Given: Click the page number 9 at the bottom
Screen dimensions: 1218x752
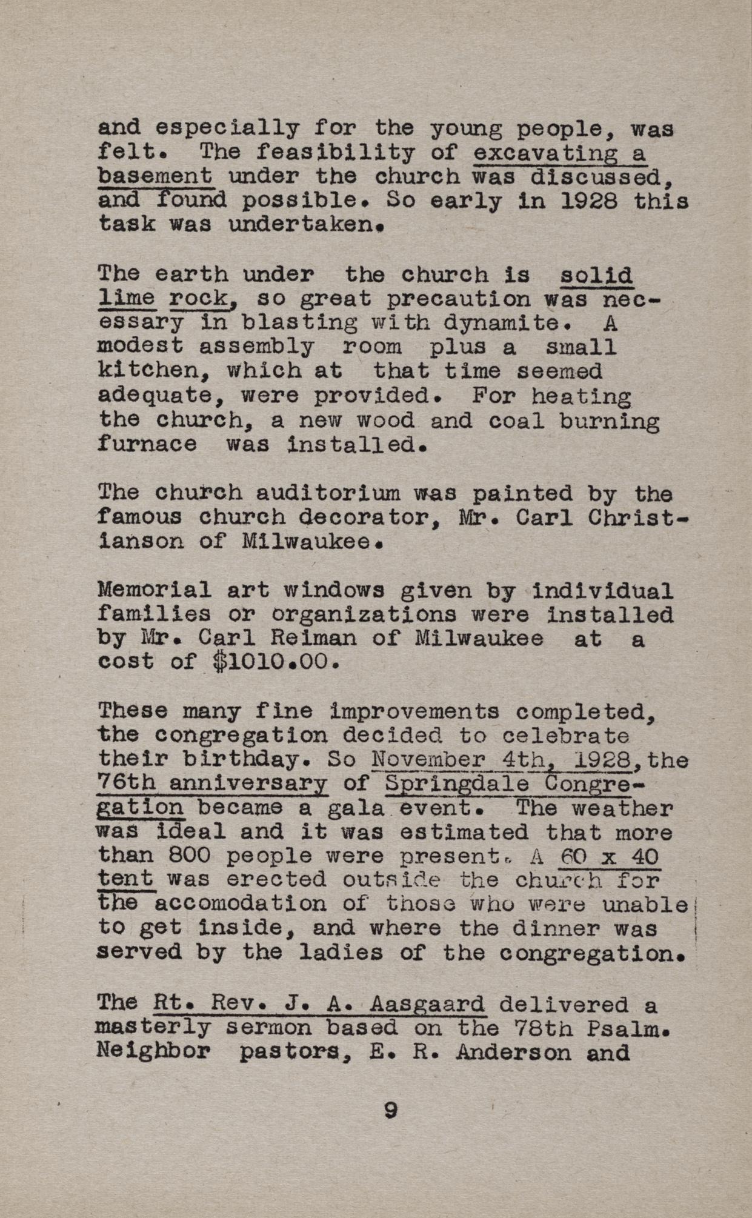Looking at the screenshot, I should pos(391,1110).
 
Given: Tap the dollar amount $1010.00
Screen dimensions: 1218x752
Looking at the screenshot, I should pos(275,661).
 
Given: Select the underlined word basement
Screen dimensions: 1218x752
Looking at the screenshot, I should pos(155,176).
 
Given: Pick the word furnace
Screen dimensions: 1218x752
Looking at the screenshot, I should pos(147,444).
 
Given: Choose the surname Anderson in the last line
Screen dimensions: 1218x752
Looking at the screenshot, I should pos(513,1052).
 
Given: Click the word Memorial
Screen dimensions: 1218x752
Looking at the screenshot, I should pos(155,590).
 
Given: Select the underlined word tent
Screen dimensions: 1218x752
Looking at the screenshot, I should pos(126,879).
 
